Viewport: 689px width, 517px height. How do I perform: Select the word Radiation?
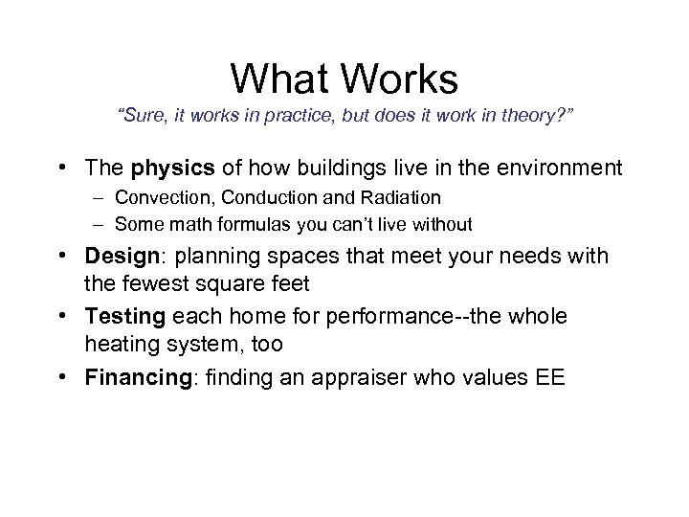tap(401, 198)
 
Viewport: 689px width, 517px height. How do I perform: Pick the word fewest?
tap(186, 284)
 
